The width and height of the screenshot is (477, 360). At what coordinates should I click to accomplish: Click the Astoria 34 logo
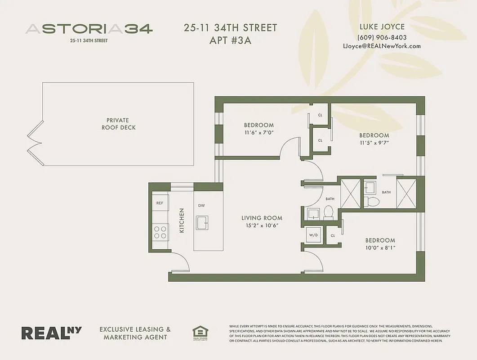89,29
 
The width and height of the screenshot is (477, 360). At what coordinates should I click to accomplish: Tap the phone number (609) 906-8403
382,37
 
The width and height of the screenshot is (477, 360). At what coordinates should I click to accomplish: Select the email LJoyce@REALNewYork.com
382,46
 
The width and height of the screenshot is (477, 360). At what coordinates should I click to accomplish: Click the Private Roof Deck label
118,124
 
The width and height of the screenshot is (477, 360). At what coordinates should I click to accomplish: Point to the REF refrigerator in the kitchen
160,203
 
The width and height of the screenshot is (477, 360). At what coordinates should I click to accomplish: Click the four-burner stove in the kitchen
160,232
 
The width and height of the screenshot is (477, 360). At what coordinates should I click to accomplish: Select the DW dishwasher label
201,205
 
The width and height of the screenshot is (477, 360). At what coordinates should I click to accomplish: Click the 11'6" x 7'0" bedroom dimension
259,133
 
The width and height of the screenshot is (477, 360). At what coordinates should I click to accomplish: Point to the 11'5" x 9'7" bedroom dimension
374,143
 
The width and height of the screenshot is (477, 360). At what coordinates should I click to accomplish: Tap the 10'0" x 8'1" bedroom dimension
380,248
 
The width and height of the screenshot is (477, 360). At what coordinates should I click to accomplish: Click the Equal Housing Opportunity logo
198,333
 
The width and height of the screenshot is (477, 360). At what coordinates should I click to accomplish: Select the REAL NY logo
52,333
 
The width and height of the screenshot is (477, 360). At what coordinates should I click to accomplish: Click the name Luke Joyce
382,27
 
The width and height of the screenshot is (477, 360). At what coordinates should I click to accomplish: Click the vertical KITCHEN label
182,220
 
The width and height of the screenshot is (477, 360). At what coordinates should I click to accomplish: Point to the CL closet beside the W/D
333,235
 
